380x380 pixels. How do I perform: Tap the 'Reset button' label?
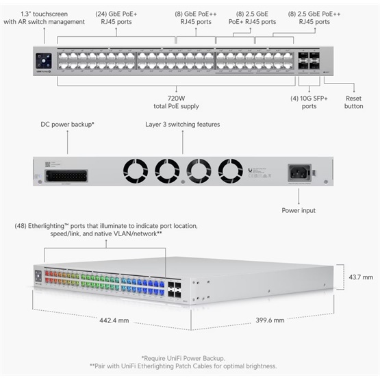tap(354, 102)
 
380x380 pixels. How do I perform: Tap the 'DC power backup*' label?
tap(67, 125)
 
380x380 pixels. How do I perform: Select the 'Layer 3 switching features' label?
tap(183, 125)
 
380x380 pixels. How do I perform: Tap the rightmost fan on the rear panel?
tap(231, 170)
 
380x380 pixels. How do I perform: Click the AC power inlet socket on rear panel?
tap(299, 171)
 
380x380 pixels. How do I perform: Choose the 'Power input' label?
tap(299, 210)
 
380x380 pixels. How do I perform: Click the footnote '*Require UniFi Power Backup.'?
tap(190, 358)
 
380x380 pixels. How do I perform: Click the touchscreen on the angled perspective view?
tap(38, 277)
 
